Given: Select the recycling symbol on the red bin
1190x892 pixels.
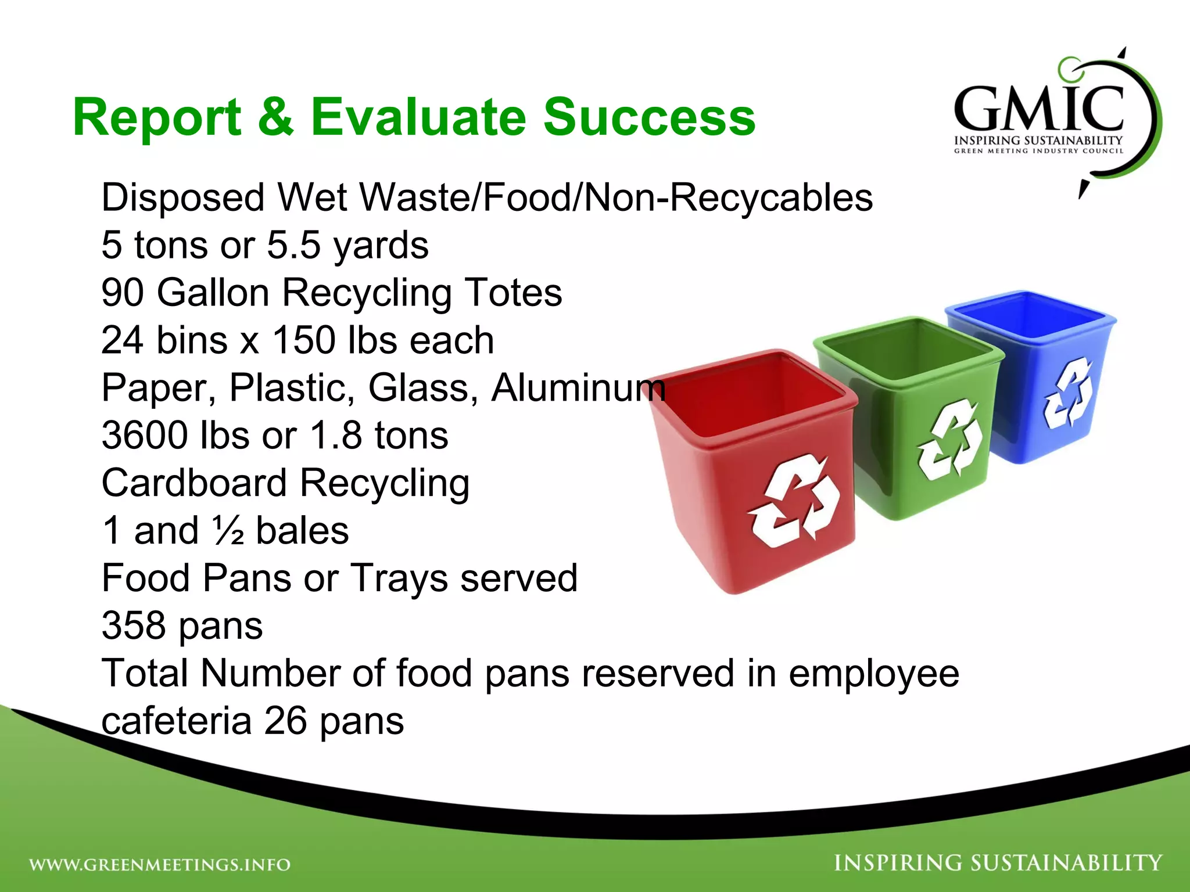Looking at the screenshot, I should tap(794, 501).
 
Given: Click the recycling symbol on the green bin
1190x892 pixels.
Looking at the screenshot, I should tap(949, 439).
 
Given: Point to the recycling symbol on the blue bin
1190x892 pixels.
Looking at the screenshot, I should tap(1068, 393).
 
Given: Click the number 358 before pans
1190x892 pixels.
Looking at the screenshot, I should tap(134, 626).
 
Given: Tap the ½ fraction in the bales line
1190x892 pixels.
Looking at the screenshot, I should tap(228, 531).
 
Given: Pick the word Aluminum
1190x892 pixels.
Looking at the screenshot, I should tap(578, 388).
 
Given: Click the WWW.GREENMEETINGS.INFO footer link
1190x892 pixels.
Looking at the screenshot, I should tap(160, 865).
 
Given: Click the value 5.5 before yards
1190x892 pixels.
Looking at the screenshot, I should tap(293, 245).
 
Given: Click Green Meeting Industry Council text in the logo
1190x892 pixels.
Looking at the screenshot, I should tap(1038, 151).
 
